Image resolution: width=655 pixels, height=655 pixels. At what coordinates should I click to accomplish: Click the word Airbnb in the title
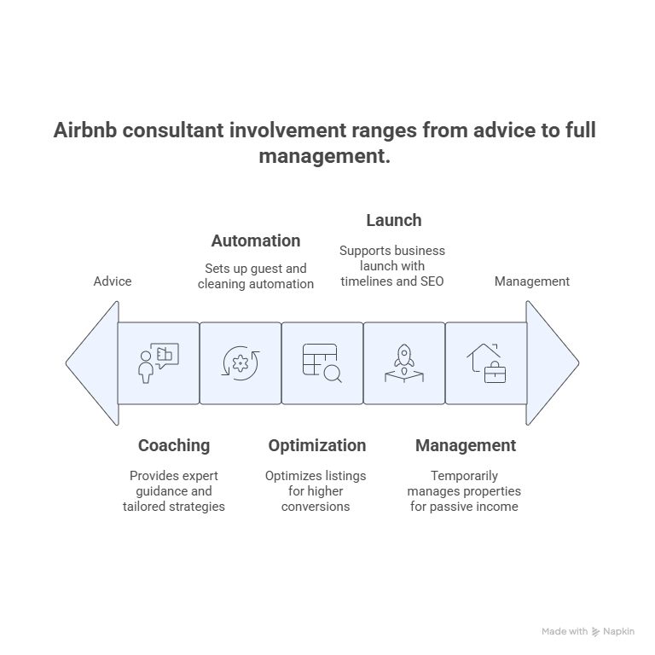[x=85, y=130]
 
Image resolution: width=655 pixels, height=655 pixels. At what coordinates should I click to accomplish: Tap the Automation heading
[x=256, y=241]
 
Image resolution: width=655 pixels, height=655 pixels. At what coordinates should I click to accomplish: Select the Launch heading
[x=394, y=220]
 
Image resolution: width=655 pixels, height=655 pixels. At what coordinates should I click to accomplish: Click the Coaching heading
[x=174, y=446]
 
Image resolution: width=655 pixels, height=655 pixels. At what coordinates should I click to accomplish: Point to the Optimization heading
[x=317, y=446]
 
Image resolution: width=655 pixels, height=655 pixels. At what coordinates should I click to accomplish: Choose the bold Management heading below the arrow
[x=466, y=446]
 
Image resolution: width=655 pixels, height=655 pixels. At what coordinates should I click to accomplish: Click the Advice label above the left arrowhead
[x=113, y=281]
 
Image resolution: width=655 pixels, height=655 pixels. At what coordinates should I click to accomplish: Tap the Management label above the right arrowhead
[x=532, y=281]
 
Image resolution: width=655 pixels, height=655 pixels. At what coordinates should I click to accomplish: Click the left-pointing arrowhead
[x=93, y=363]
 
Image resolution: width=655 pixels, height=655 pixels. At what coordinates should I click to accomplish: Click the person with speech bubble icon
[x=159, y=363]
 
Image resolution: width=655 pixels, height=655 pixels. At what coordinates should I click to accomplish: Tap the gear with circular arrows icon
[x=241, y=363]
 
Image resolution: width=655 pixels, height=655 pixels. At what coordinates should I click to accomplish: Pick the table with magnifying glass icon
[x=322, y=363]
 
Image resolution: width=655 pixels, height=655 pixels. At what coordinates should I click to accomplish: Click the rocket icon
[x=404, y=363]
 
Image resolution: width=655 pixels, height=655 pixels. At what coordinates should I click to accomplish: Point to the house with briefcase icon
[x=486, y=363]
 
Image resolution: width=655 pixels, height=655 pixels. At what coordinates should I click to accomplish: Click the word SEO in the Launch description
[x=432, y=281]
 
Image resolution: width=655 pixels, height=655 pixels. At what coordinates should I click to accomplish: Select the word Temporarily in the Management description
[x=464, y=476]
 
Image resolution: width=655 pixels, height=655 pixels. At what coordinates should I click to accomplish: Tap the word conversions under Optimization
[x=316, y=507]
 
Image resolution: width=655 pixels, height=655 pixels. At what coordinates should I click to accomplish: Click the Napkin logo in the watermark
[x=595, y=632]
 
